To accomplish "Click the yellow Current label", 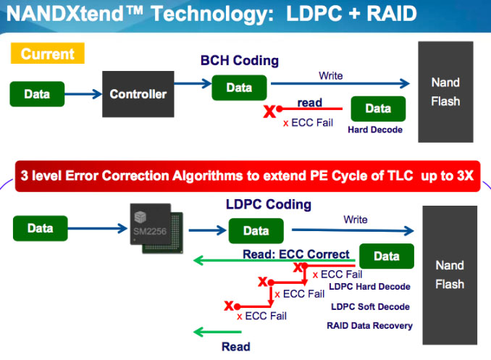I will pyautogui.click(x=47, y=54).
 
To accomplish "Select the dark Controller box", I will pyautogui.click(x=138, y=94).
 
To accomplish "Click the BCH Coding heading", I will pyautogui.click(x=240, y=61).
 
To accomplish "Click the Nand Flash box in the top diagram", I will pyautogui.click(x=445, y=92).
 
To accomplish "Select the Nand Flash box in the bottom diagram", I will pyautogui.click(x=449, y=275).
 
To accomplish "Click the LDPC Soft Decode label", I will pyautogui.click(x=369, y=306).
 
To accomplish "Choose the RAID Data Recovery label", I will pyautogui.click(x=369, y=325).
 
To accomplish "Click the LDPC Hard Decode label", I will pyautogui.click(x=369, y=287).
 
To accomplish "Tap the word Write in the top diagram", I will pyautogui.click(x=330, y=75).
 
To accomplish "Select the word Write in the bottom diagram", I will pyautogui.click(x=355, y=219).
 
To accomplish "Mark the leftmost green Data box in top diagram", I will pyautogui.click(x=37, y=94).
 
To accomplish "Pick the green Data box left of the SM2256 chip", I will pyautogui.click(x=41, y=229).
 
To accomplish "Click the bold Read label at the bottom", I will pyautogui.click(x=235, y=346).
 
